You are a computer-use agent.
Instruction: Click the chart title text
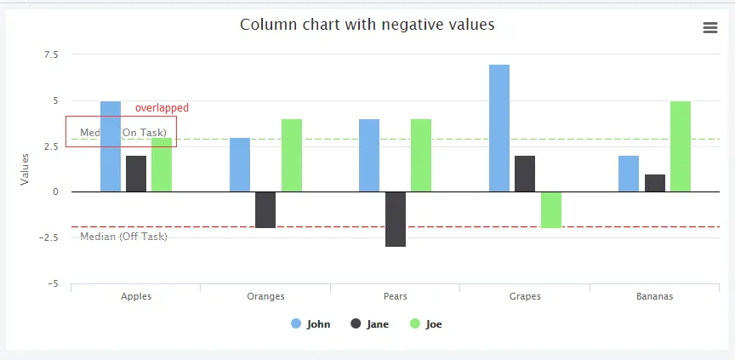click(367, 25)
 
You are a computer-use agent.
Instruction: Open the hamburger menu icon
click(710, 28)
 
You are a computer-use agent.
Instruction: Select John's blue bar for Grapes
click(499, 128)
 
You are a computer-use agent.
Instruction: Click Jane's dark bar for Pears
click(396, 219)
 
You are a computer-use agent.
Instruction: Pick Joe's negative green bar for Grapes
click(551, 209)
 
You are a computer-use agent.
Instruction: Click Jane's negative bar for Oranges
click(265, 209)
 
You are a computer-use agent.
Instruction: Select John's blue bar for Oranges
click(240, 164)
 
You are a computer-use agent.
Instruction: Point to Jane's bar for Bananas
click(655, 183)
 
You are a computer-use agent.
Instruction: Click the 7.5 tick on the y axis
click(50, 54)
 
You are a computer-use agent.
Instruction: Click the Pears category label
click(395, 297)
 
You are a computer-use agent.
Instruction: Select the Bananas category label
click(654, 297)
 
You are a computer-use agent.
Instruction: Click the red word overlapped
click(162, 108)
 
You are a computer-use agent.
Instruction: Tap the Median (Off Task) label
click(123, 236)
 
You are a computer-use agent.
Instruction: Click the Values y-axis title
click(26, 169)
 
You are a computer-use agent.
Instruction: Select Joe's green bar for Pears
click(421, 155)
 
